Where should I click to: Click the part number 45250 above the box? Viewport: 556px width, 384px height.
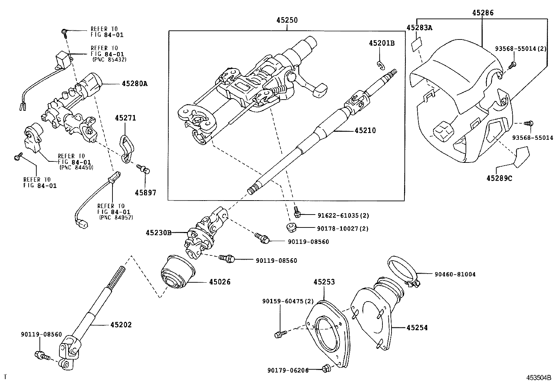287,20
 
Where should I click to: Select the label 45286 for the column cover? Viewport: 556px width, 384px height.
483,13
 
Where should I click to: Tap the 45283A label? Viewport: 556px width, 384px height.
419,28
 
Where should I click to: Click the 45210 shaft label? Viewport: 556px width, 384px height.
365,130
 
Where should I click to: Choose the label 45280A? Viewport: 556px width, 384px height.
134,84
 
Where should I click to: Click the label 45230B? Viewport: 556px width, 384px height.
159,233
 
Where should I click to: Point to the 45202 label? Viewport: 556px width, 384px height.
121,325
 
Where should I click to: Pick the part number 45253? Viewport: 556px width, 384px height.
324,282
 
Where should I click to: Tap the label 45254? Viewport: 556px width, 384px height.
417,328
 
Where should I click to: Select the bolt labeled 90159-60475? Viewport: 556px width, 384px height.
280,334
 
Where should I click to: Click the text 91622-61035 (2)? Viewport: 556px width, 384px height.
343,215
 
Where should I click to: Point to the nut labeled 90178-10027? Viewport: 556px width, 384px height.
291,227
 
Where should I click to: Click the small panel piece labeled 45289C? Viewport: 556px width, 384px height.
521,157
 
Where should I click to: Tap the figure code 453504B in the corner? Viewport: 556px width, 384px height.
539,378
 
